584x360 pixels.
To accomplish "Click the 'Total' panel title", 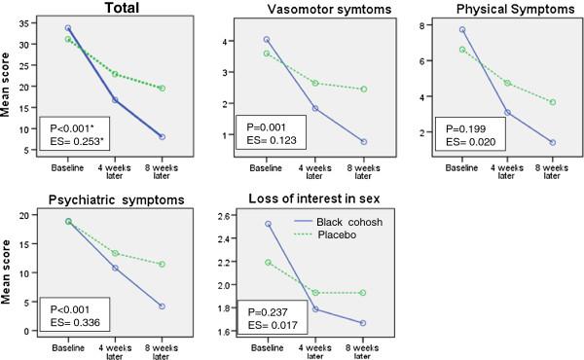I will click(93, 8).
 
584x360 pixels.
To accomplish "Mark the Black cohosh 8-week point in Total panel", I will click(161, 136).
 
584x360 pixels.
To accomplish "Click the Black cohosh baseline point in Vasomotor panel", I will click(266, 40).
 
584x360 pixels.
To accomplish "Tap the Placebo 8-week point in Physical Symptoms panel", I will click(553, 102).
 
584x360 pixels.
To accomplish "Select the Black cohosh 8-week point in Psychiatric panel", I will click(161, 306).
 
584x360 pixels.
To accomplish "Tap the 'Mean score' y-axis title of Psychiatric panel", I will click(9, 274).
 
